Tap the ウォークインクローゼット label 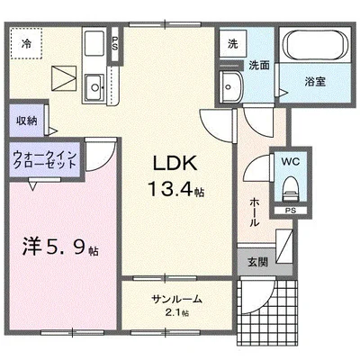tap(45, 161)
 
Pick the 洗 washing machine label tap(232, 43)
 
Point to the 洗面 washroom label tap(258, 65)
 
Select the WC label tap(290, 162)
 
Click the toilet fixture tap(290, 188)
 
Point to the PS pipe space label tap(290, 212)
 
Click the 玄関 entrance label tap(257, 263)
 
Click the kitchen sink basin tap(94, 86)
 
